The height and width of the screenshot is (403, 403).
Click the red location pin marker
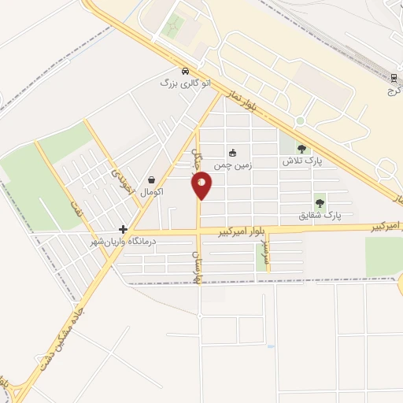202,187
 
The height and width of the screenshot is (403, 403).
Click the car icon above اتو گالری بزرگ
184,70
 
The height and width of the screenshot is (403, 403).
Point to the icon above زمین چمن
232,153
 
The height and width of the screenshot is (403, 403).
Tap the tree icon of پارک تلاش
302,149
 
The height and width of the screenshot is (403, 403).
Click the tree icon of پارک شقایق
320,201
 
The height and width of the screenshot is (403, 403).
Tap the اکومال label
151,192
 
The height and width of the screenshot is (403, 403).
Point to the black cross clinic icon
123,229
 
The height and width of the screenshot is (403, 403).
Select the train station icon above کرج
394,77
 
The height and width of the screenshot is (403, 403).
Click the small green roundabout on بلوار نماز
300,121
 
